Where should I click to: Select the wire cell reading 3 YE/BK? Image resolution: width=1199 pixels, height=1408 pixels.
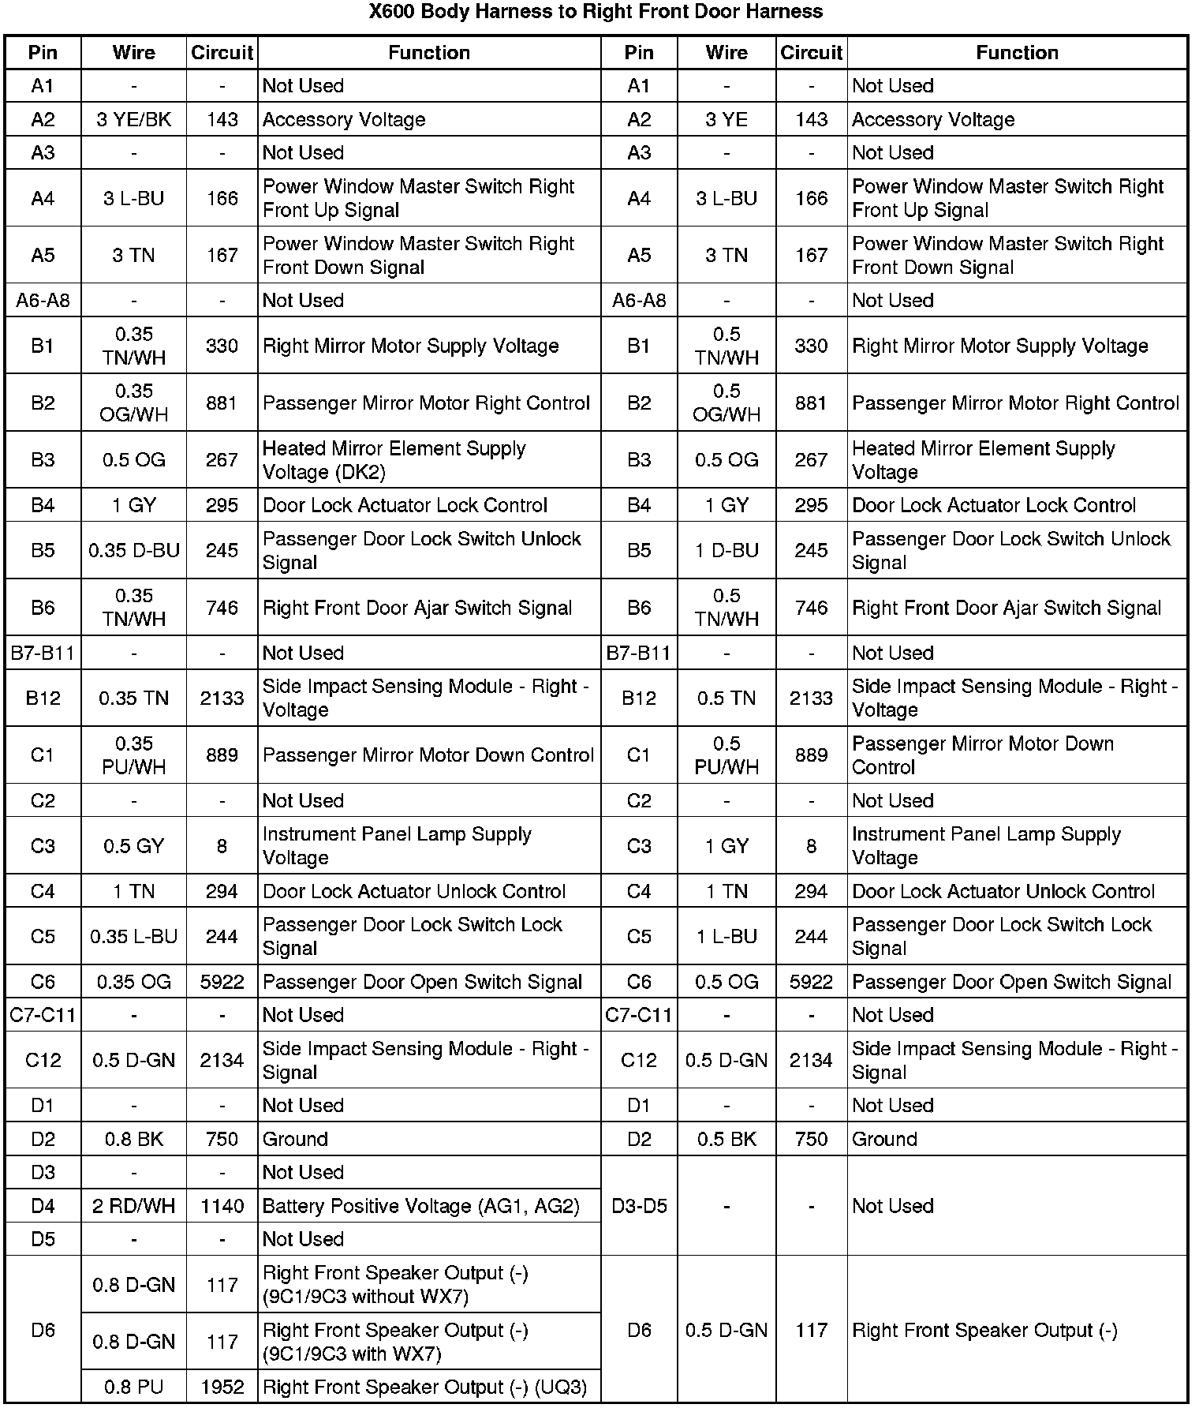[133, 119]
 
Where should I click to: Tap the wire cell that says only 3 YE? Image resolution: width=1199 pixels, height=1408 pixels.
[726, 119]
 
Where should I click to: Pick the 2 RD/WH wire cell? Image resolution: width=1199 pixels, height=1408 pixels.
[133, 1206]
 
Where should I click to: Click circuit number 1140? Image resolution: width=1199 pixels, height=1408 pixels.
[222, 1206]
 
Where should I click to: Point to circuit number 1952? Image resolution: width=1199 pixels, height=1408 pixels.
[222, 1387]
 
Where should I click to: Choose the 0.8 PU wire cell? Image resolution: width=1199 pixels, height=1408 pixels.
[133, 1387]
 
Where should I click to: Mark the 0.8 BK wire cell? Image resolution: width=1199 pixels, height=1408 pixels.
[133, 1139]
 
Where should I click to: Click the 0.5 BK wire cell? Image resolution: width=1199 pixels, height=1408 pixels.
[726, 1139]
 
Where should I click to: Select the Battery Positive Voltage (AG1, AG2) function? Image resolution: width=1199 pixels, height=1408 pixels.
[420, 1206]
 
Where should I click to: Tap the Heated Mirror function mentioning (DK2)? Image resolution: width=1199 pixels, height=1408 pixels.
[394, 460]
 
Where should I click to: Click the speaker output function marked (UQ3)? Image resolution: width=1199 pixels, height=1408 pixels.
[424, 1387]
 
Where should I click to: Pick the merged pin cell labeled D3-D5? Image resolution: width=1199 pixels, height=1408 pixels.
[639, 1206]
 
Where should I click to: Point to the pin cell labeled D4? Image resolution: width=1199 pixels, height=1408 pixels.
[43, 1206]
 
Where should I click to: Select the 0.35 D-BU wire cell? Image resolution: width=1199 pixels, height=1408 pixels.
[133, 550]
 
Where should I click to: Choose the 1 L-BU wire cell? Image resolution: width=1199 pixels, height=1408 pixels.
[726, 937]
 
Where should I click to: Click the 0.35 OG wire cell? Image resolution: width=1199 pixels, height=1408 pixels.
[133, 983]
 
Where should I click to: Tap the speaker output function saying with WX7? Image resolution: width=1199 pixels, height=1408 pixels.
[395, 1342]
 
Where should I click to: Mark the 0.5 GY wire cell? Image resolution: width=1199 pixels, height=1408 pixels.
[133, 846]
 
